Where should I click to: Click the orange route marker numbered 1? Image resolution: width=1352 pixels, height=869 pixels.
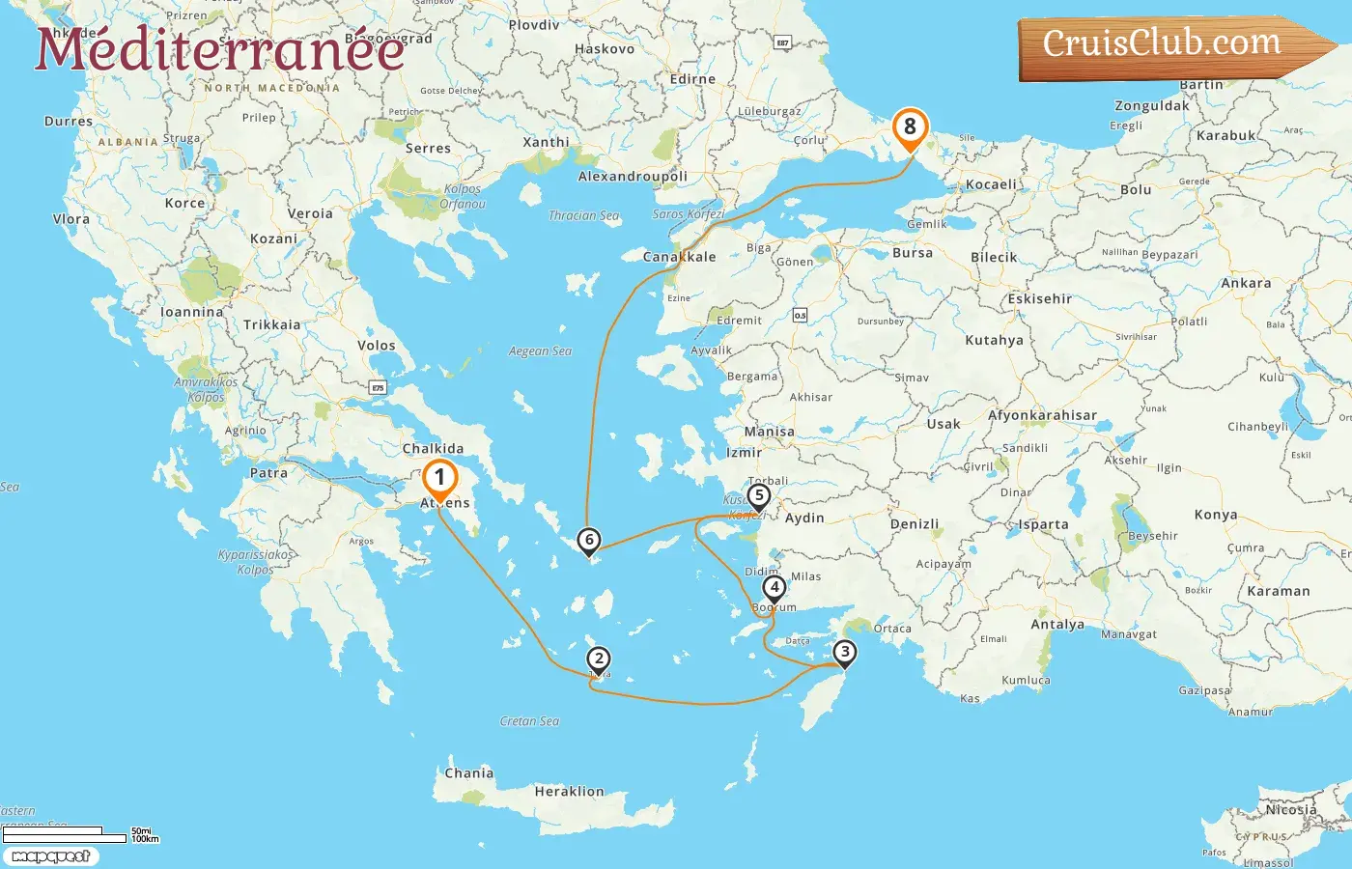pos(439,478)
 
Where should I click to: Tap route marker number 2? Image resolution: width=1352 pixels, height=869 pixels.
pos(599,659)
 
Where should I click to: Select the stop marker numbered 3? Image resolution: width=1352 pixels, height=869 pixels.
pos(845,653)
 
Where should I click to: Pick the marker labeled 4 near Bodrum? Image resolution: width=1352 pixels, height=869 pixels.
pos(774,587)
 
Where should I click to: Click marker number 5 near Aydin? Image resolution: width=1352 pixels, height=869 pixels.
pos(759,496)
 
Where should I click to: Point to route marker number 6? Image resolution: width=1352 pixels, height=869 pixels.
pos(588,541)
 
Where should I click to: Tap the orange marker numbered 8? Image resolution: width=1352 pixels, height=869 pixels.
pos(910,127)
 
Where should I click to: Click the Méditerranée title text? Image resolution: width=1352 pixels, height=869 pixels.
pos(220,50)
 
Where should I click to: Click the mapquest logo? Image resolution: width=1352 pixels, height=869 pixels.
pos(51,856)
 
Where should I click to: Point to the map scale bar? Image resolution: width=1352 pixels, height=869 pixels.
pos(66,834)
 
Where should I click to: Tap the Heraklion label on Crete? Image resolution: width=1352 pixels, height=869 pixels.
pos(569,792)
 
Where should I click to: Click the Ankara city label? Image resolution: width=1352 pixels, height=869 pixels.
pos(1246,284)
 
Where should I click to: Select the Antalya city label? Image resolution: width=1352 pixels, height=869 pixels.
pos(1057,625)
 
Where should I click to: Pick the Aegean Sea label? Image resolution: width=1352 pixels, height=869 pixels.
pos(540,351)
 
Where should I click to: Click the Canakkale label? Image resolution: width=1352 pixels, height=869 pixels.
pos(680,257)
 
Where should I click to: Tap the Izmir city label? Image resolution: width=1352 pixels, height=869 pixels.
pos(744,452)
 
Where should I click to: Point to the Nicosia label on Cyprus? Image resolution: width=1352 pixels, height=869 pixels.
pos(1291,810)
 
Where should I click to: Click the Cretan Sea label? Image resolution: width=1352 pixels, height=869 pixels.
pos(529,721)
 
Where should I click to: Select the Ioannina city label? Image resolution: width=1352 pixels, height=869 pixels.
pos(191,313)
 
